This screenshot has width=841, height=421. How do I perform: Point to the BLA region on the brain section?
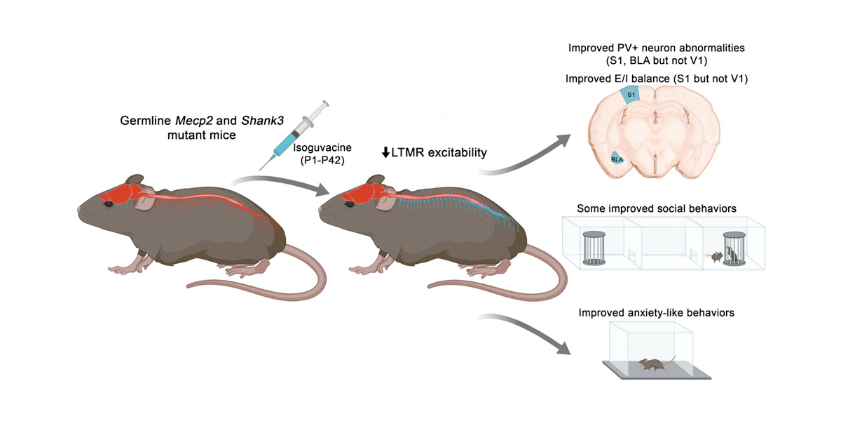click(x=617, y=159)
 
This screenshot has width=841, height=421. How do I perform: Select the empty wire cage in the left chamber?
click(x=594, y=247)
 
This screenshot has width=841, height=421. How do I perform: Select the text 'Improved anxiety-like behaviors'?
click(x=656, y=312)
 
